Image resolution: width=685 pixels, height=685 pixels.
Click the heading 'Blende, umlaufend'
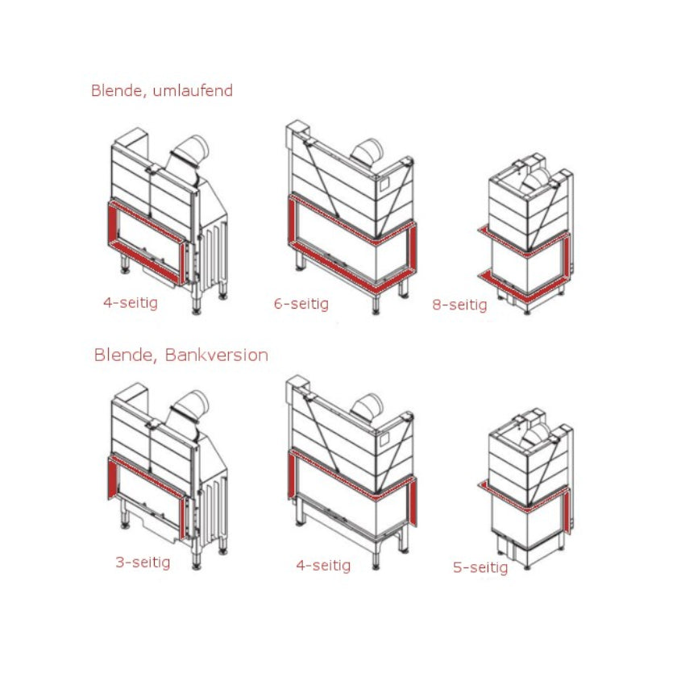tap(162, 91)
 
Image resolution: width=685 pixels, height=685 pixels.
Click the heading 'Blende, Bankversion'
tap(181, 355)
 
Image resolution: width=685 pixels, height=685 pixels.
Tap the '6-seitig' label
tap(301, 304)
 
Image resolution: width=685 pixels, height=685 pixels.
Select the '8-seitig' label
tap(459, 305)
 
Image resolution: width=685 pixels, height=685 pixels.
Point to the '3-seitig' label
tap(143, 563)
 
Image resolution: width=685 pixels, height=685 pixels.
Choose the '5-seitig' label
tap(480, 567)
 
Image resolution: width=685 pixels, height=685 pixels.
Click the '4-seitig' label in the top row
tap(131, 303)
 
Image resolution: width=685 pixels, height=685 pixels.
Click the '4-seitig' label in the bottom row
tap(323, 565)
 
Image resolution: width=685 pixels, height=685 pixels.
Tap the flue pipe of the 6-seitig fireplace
tap(367, 152)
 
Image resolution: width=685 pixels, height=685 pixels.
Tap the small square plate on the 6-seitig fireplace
tap(384, 185)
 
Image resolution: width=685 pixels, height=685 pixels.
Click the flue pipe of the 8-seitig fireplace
tap(536, 180)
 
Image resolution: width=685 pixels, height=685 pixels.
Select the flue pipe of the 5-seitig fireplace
tap(536, 435)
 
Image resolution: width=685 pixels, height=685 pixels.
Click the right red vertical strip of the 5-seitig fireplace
tap(567, 510)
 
